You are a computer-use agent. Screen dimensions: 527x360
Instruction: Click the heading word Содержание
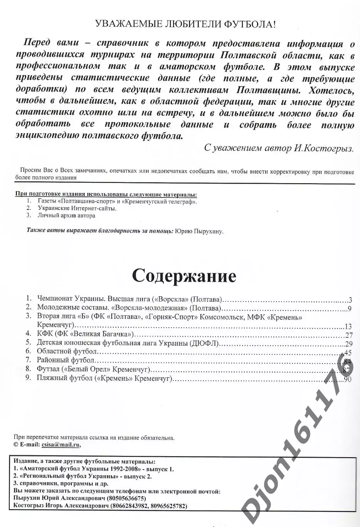[184, 275]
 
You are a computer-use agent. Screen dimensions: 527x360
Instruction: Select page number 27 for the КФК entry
[349, 335]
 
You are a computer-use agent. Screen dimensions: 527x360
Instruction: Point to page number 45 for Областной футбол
[348, 352]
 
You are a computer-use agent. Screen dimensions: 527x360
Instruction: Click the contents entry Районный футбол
[65, 360]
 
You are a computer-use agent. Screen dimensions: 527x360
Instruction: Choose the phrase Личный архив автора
[66, 215]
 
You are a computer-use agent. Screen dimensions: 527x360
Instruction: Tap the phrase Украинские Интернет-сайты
[77, 208]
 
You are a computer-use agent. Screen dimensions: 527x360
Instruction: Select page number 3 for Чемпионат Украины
[350, 299]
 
